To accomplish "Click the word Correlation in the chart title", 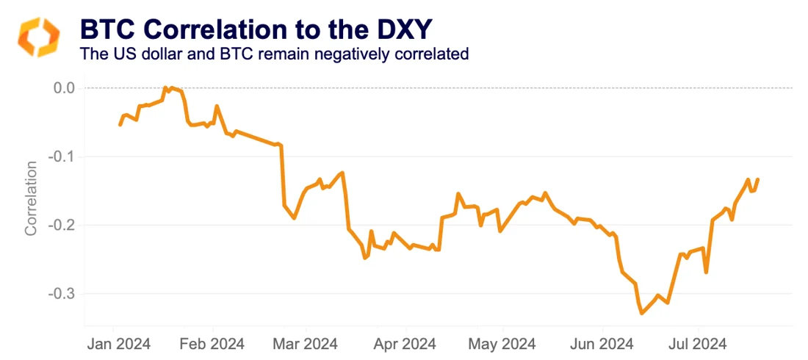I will click(x=214, y=30).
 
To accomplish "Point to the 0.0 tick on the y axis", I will click(x=65, y=88).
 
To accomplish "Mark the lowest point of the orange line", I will click(x=641, y=314).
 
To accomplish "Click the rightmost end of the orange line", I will click(x=758, y=179).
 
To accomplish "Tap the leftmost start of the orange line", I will click(x=120, y=125).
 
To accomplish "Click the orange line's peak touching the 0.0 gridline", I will click(x=165, y=87).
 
